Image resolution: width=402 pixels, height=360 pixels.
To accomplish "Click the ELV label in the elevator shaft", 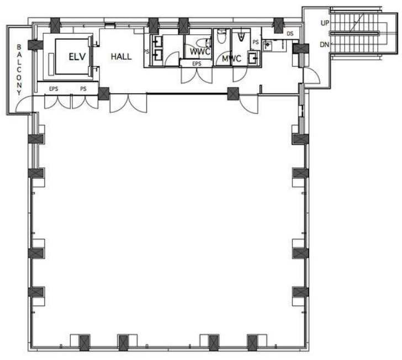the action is point(77,57).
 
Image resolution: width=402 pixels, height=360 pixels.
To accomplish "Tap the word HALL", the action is point(121,57).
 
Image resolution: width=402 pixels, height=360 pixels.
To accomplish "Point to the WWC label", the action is point(200,51).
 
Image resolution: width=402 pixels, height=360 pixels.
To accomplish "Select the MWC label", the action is point(231,59).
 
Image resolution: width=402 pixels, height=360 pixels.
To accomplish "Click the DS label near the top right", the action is point(290,34).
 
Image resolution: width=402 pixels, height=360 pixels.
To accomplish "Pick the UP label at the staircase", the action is point(325,23).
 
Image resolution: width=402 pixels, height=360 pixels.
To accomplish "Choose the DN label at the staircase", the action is point(324,45).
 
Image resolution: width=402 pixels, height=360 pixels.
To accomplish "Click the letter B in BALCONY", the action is point(19,47).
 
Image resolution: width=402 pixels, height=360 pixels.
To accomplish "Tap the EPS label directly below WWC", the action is point(197,63).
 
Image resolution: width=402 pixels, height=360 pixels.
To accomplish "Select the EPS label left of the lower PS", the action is point(54,89).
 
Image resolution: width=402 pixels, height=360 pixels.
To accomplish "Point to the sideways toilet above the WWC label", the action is point(204,43).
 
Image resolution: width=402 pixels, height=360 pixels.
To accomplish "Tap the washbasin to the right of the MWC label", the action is point(253,57).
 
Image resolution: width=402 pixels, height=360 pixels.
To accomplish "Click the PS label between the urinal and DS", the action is point(256,42).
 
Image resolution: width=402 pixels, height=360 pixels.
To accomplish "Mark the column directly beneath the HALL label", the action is point(104,94).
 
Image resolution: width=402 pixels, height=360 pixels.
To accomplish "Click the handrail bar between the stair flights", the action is point(355,33).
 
